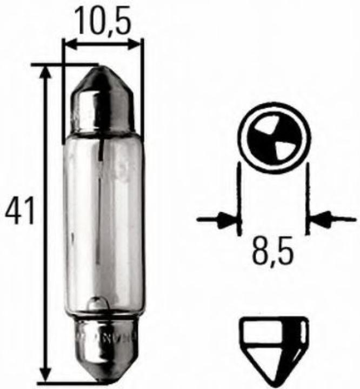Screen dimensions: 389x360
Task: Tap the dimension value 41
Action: [x=20, y=211]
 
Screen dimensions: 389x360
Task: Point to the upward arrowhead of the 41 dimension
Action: [x=48, y=73]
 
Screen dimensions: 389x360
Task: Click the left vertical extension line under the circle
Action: [x=238, y=200]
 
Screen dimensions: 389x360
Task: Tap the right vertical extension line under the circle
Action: [x=306, y=200]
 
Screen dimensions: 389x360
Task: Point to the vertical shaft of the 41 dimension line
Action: [x=48, y=162]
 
